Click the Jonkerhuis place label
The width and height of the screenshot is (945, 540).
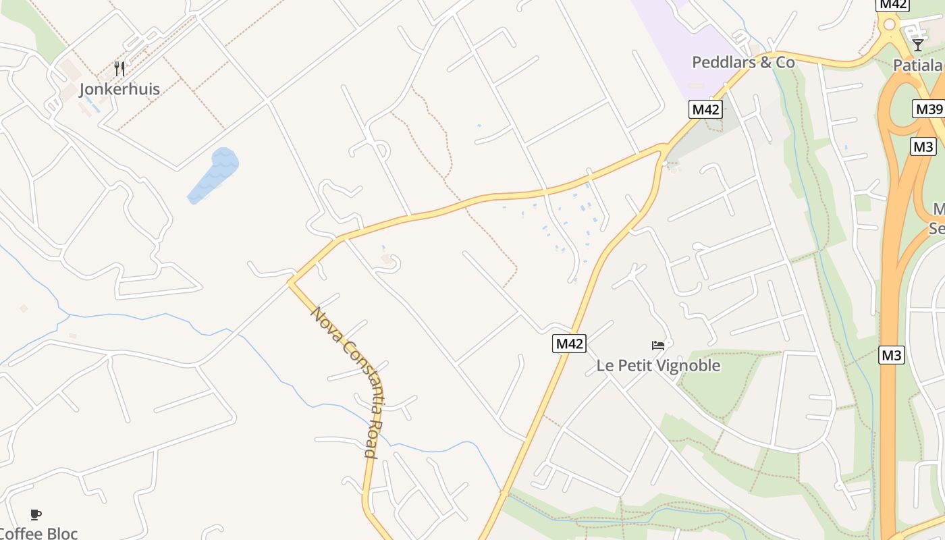pyautogui.click(x=119, y=89)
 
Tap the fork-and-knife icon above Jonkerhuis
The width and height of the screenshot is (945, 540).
pyautogui.click(x=120, y=68)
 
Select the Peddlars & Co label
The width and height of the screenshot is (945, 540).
pyautogui.click(x=743, y=62)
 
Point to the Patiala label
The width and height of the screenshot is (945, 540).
pyautogui.click(x=917, y=65)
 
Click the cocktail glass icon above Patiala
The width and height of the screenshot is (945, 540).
pyautogui.click(x=917, y=45)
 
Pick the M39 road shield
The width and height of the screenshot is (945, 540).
pyautogui.click(x=928, y=109)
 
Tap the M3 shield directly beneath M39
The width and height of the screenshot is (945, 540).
pyautogui.click(x=923, y=146)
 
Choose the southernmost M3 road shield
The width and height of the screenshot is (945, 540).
pyautogui.click(x=891, y=355)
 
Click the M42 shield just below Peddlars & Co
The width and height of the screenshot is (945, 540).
pyautogui.click(x=706, y=109)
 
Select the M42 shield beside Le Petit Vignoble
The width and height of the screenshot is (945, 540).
pyautogui.click(x=569, y=344)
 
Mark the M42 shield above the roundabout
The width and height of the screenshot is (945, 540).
pyautogui.click(x=892, y=4)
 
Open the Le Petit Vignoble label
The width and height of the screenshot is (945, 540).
pyautogui.click(x=658, y=366)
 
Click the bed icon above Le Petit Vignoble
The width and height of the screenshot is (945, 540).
pyautogui.click(x=658, y=346)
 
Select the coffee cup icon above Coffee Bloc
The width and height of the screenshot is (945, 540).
pyautogui.click(x=36, y=514)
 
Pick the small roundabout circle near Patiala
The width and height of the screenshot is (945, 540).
pyautogui.click(x=889, y=25)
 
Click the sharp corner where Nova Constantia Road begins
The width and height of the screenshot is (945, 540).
pyautogui.click(x=291, y=282)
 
